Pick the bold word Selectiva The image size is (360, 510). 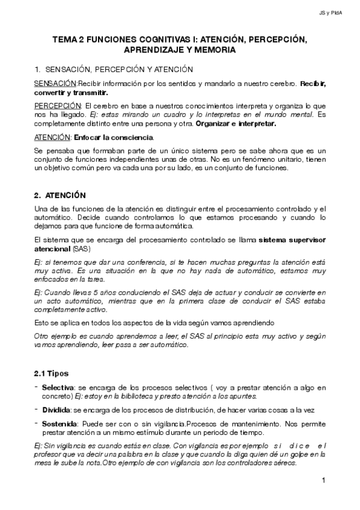(58, 387)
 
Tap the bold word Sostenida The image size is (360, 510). (59, 423)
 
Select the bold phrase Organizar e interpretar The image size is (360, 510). (242, 123)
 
